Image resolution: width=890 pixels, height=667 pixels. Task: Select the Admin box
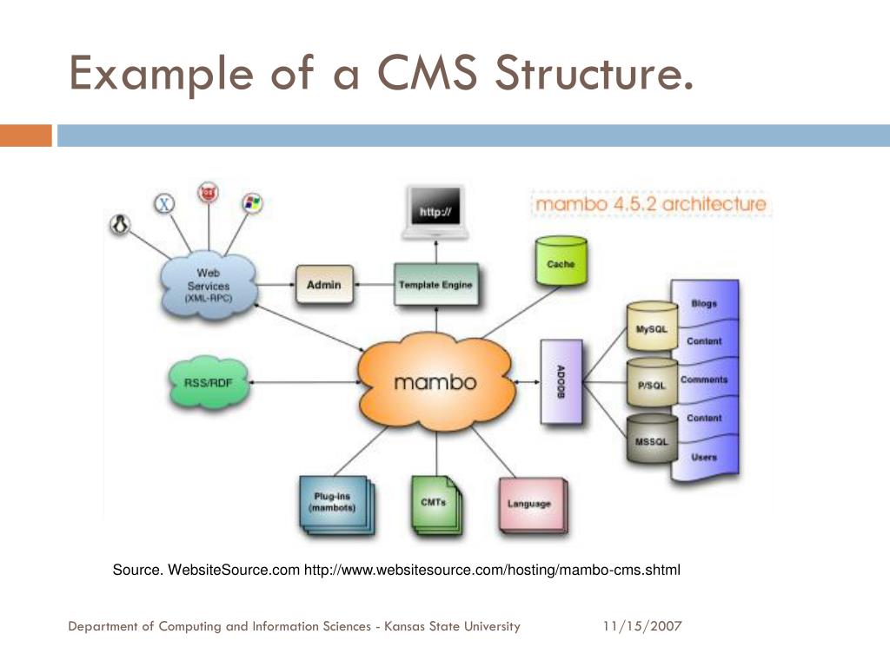324,284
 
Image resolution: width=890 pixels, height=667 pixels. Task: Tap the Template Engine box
435,284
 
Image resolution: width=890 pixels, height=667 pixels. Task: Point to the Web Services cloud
208,285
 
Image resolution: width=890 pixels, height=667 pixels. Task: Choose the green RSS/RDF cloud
209,381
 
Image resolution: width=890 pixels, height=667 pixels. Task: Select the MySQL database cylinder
651,328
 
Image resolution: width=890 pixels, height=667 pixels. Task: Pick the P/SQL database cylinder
651,384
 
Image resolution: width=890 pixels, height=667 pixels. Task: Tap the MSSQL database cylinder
651,440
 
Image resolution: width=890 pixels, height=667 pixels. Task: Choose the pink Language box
529,504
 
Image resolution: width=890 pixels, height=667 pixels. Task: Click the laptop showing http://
435,213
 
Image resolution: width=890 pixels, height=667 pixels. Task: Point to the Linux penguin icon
120,225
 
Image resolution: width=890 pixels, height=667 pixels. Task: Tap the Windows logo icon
252,203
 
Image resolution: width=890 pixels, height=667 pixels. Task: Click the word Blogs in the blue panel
704,303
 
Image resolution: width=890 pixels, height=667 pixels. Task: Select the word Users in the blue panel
704,457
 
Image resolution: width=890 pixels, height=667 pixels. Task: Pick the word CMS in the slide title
427,73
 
